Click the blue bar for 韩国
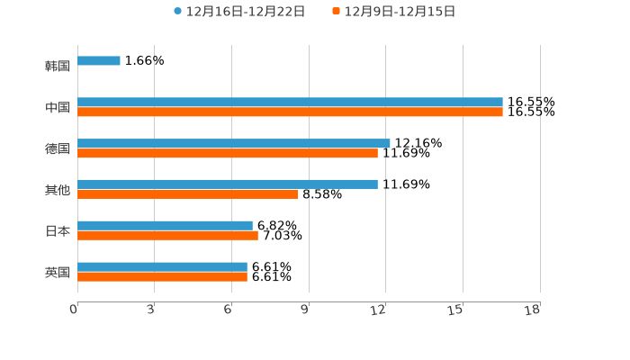(99, 61)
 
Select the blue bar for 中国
(290, 103)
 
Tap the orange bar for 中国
(290, 112)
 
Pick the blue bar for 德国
(234, 143)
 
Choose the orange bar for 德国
(228, 154)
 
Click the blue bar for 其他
(228, 184)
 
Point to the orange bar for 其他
(188, 194)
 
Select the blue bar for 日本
(165, 226)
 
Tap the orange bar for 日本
(167, 236)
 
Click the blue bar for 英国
(162, 267)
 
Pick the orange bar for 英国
(162, 277)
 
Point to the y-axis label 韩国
(58, 67)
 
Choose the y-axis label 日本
(58, 231)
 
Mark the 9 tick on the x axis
(305, 310)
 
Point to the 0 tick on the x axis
(74, 310)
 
